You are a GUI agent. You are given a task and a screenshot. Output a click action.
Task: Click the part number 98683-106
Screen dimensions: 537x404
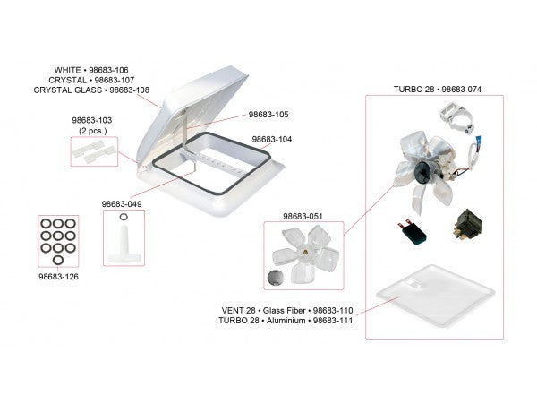[108, 70]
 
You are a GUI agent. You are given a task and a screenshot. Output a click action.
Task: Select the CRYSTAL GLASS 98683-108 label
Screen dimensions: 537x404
[91, 90]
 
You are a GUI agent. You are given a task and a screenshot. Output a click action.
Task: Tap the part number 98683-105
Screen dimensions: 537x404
[268, 115]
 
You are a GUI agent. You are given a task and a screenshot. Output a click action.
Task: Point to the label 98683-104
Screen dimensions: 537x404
[272, 140]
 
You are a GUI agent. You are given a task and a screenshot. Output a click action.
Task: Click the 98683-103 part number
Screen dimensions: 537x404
[92, 120]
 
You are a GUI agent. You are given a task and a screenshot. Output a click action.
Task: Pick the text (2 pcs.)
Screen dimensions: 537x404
[93, 131]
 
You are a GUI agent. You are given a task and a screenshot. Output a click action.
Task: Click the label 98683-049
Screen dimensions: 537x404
[122, 204]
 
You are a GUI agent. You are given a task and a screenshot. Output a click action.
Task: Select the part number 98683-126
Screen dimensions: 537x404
[58, 277]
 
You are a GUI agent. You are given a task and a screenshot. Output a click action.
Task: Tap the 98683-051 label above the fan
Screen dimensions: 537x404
[303, 217]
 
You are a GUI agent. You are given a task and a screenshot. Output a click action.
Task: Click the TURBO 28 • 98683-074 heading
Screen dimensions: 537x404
[438, 90]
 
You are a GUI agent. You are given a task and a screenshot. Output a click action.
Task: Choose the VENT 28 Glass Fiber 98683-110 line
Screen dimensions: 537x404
[287, 311]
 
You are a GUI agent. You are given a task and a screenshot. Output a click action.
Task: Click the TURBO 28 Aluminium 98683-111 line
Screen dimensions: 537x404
[286, 321]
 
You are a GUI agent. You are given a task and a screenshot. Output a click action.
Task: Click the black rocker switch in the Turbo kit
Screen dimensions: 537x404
[467, 223]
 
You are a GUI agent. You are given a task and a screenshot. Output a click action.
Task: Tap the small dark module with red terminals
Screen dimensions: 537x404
[413, 232]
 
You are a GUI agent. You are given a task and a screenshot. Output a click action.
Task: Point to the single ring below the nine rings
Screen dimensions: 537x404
[58, 260]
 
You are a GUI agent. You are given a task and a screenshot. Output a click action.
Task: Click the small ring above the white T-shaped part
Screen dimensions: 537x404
[124, 217]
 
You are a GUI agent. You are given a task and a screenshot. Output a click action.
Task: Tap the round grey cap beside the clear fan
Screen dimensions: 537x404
[276, 277]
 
